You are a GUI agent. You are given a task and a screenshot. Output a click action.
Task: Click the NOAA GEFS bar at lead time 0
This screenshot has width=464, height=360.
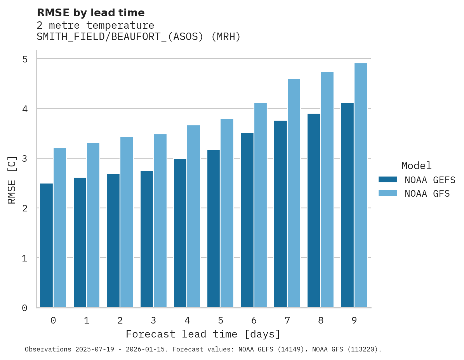46,245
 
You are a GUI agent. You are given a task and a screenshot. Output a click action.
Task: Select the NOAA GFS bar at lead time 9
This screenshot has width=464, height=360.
360,185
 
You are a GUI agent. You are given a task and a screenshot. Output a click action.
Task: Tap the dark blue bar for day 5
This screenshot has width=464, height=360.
214,228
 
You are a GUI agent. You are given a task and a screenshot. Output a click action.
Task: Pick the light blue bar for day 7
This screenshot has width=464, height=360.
294,193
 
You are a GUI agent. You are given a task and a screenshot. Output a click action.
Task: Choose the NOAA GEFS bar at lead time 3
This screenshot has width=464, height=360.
147,239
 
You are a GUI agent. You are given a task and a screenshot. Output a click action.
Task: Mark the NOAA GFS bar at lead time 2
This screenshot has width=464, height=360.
127,222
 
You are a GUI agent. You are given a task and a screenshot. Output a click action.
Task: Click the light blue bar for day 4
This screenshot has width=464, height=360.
193,216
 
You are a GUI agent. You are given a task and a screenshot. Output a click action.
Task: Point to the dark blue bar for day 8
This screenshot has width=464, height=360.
314,210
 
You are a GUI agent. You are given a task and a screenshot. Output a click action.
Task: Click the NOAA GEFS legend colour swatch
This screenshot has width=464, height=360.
388,180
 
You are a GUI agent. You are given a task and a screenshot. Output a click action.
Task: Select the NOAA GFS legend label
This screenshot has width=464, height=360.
427,194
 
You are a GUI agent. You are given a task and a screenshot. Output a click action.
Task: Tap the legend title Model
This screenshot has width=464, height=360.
416,166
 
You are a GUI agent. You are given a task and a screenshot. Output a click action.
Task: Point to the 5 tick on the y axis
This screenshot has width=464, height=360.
25,59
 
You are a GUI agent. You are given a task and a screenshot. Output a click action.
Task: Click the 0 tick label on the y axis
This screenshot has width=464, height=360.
25,308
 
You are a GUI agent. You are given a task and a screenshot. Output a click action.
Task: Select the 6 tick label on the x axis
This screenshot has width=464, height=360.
254,320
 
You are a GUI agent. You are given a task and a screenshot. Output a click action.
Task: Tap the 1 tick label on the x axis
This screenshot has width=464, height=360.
87,320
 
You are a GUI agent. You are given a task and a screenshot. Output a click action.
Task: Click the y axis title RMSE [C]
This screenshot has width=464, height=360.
12,180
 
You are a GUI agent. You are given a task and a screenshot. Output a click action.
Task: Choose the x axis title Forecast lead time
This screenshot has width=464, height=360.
203,334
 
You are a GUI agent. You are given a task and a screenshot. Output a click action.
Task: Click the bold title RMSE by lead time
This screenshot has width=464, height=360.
90,13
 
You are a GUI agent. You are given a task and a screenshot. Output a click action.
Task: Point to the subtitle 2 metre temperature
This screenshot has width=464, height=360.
95,26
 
